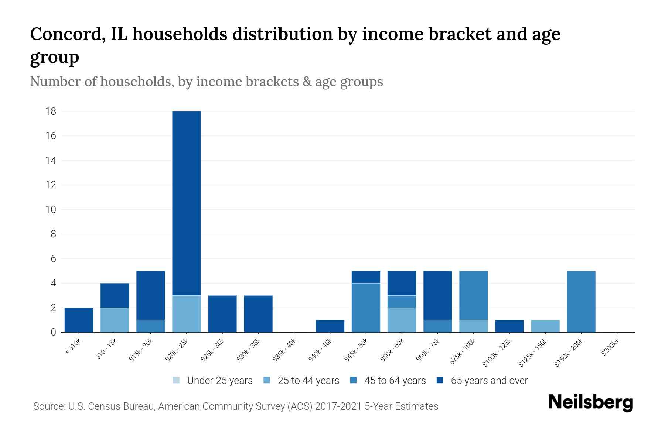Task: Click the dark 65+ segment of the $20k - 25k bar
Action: pyautogui.click(x=187, y=203)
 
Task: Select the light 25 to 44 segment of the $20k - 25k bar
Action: pyautogui.click(x=187, y=314)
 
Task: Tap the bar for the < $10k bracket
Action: pyautogui.click(x=79, y=320)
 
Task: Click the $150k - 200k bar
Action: pyautogui.click(x=581, y=302)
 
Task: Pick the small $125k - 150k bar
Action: pyautogui.click(x=545, y=326)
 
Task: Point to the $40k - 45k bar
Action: pyautogui.click(x=330, y=326)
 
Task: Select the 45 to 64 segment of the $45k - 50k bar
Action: pyautogui.click(x=366, y=308)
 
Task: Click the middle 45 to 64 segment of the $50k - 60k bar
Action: pyautogui.click(x=402, y=302)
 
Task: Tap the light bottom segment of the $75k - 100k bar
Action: pyautogui.click(x=473, y=326)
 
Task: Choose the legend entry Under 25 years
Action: pyautogui.click(x=213, y=381)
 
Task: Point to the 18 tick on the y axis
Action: pyautogui.click(x=51, y=111)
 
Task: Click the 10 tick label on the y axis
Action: pyautogui.click(x=51, y=210)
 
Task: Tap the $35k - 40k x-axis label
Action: pyautogui.click(x=285, y=351)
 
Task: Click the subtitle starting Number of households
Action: pyautogui.click(x=206, y=82)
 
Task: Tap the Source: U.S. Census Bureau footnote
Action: pyautogui.click(x=236, y=406)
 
